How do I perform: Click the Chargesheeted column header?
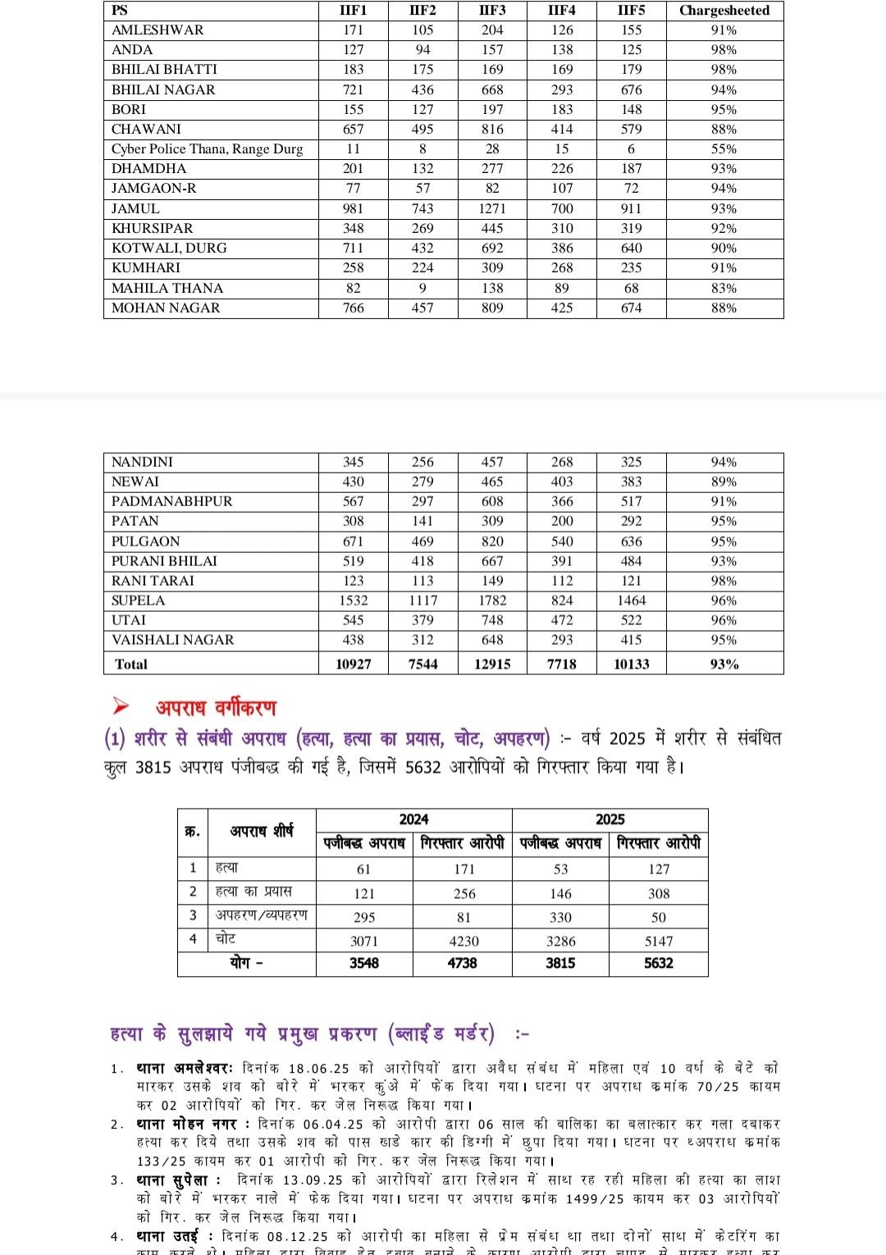(x=724, y=11)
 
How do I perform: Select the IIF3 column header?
(x=492, y=11)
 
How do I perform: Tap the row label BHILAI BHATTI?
(x=164, y=70)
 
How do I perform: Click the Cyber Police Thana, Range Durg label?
(x=207, y=148)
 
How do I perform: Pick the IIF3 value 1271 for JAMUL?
(x=492, y=208)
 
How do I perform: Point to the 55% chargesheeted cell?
(x=724, y=148)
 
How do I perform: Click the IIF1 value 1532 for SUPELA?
(x=353, y=600)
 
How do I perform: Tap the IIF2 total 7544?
(x=422, y=664)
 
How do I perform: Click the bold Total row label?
(x=131, y=664)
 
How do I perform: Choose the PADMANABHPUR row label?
(x=171, y=501)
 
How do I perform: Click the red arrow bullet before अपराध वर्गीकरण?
(x=121, y=705)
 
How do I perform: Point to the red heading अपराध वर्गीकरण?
(x=217, y=707)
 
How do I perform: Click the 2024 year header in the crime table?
(x=413, y=819)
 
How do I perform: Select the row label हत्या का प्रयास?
(x=253, y=891)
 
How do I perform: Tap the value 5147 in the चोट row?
(x=659, y=941)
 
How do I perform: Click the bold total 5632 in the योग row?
(x=659, y=963)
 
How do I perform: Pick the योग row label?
(x=246, y=963)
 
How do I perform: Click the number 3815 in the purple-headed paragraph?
(x=153, y=768)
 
